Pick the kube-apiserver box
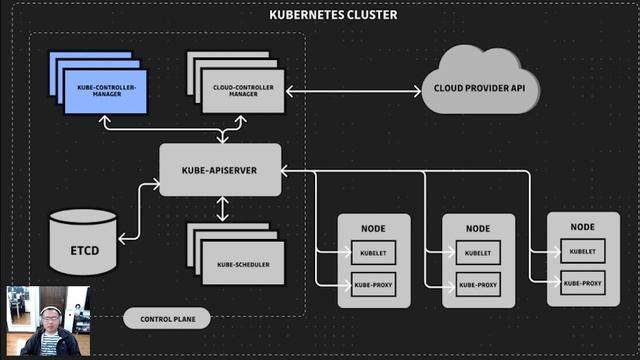click(221, 170)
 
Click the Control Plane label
click(167, 319)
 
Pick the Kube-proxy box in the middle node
click(477, 284)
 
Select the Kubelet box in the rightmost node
click(583, 252)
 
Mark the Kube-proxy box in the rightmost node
click(583, 283)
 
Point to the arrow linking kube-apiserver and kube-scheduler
click(222, 208)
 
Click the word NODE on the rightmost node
click(583, 227)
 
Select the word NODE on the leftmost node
click(374, 228)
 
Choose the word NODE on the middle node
click(477, 229)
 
